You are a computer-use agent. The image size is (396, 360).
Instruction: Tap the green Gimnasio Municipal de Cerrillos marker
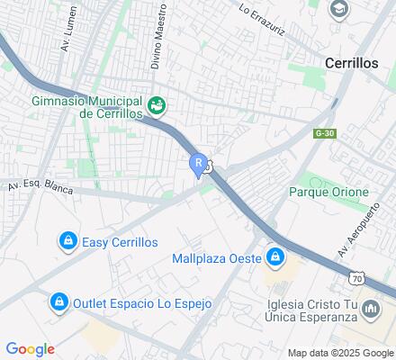157,105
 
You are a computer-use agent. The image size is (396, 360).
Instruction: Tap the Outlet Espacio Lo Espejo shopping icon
58,301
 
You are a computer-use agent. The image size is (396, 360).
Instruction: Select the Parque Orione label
328,193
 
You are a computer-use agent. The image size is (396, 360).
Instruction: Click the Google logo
30,349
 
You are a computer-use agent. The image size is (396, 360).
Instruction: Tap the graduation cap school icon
339,10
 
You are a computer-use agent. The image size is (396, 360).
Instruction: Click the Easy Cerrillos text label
120,242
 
